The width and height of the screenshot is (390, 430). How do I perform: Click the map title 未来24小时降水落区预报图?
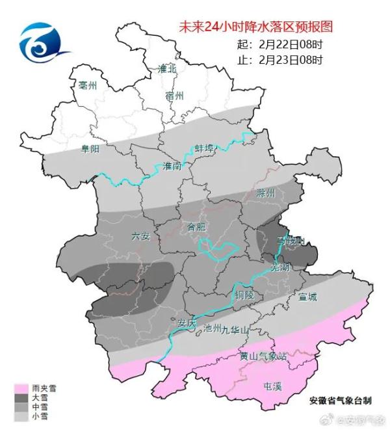coord(255,27)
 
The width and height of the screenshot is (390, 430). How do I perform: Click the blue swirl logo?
coord(41,43)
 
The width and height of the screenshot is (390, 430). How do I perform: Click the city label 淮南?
coord(173,166)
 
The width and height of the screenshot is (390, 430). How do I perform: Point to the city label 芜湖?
coord(281,266)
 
